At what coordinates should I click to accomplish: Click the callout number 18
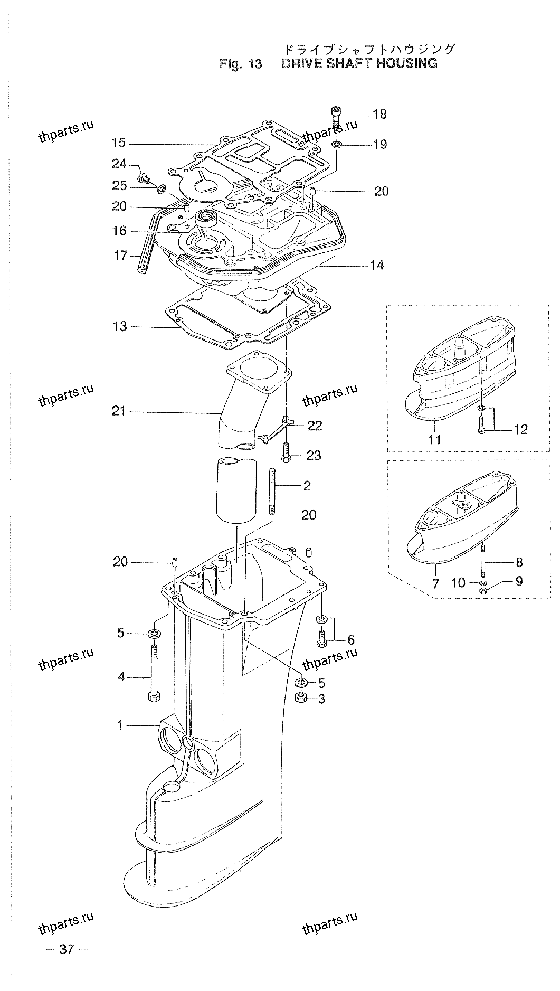tap(379, 114)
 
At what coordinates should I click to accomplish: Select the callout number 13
tap(120, 326)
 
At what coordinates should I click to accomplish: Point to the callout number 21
tap(119, 411)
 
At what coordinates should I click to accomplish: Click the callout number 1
tap(120, 725)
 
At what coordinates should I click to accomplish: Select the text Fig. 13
tap(241, 64)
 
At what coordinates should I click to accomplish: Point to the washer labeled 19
tap(337, 144)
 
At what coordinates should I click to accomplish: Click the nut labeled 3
tap(301, 698)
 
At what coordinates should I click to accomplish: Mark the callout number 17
tap(120, 256)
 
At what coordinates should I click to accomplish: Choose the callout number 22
tap(315, 426)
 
